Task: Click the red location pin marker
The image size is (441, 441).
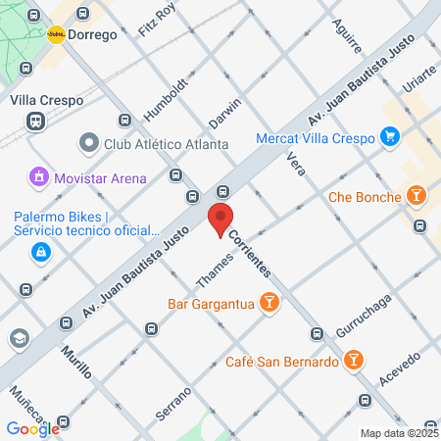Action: click(x=220, y=220)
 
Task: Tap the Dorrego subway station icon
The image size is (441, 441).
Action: click(x=57, y=33)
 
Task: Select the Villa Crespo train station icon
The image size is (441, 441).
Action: click(x=35, y=121)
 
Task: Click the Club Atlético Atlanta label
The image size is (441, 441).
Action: click(x=167, y=144)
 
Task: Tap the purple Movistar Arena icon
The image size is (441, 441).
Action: click(x=39, y=178)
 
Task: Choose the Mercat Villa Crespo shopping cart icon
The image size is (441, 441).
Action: click(x=390, y=137)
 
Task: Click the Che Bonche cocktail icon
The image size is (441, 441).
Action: click(x=417, y=197)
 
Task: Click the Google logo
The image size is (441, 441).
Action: click(x=33, y=428)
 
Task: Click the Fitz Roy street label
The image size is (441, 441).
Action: click(x=157, y=20)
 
